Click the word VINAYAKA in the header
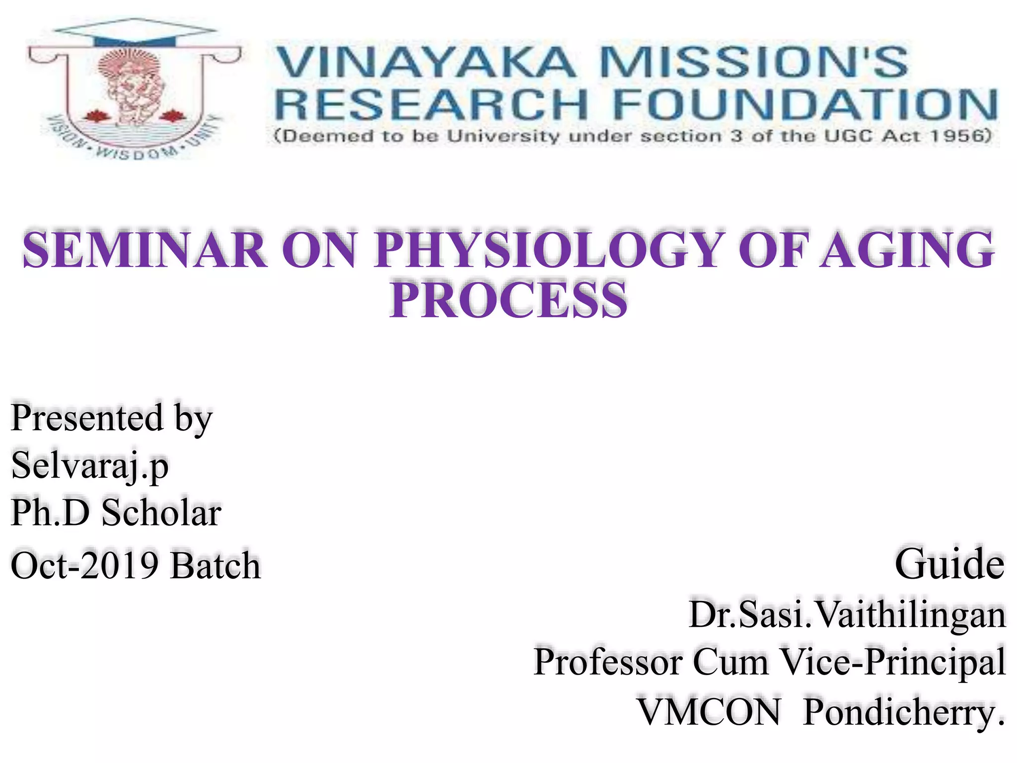[425, 62]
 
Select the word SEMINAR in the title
[144, 250]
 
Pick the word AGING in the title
[906, 250]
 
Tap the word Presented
[87, 418]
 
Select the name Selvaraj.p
[89, 466]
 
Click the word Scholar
[161, 513]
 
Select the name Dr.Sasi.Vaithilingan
[847, 615]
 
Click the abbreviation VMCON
[709, 712]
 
